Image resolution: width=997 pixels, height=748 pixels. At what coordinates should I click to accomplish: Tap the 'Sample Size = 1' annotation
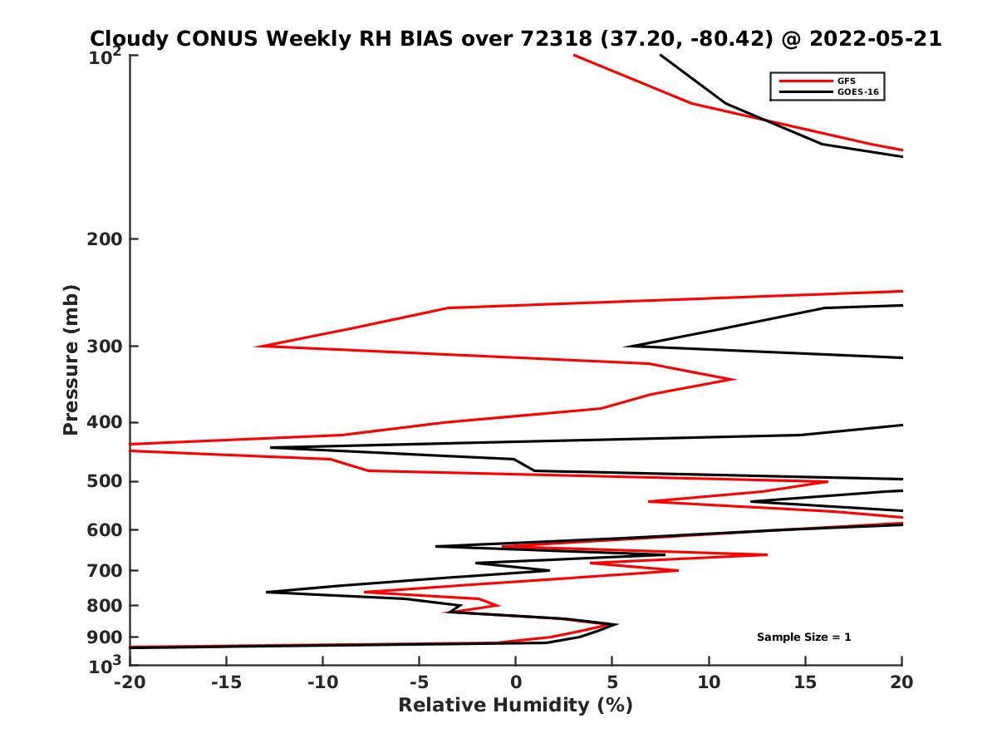803,637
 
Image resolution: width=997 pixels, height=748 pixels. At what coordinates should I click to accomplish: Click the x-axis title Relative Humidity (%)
515,706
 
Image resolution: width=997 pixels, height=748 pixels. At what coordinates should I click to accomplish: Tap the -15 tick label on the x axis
226,683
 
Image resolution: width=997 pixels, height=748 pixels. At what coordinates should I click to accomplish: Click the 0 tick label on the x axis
515,683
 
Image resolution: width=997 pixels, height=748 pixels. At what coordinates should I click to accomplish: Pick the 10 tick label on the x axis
709,683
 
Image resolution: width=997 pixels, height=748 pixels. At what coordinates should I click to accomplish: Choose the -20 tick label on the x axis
130,683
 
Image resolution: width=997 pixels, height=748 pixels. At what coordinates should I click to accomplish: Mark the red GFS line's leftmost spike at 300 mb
257,346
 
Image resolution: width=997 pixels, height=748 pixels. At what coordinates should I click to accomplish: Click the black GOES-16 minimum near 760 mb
268,592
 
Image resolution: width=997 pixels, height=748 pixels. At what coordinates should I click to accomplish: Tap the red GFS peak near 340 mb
734,379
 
